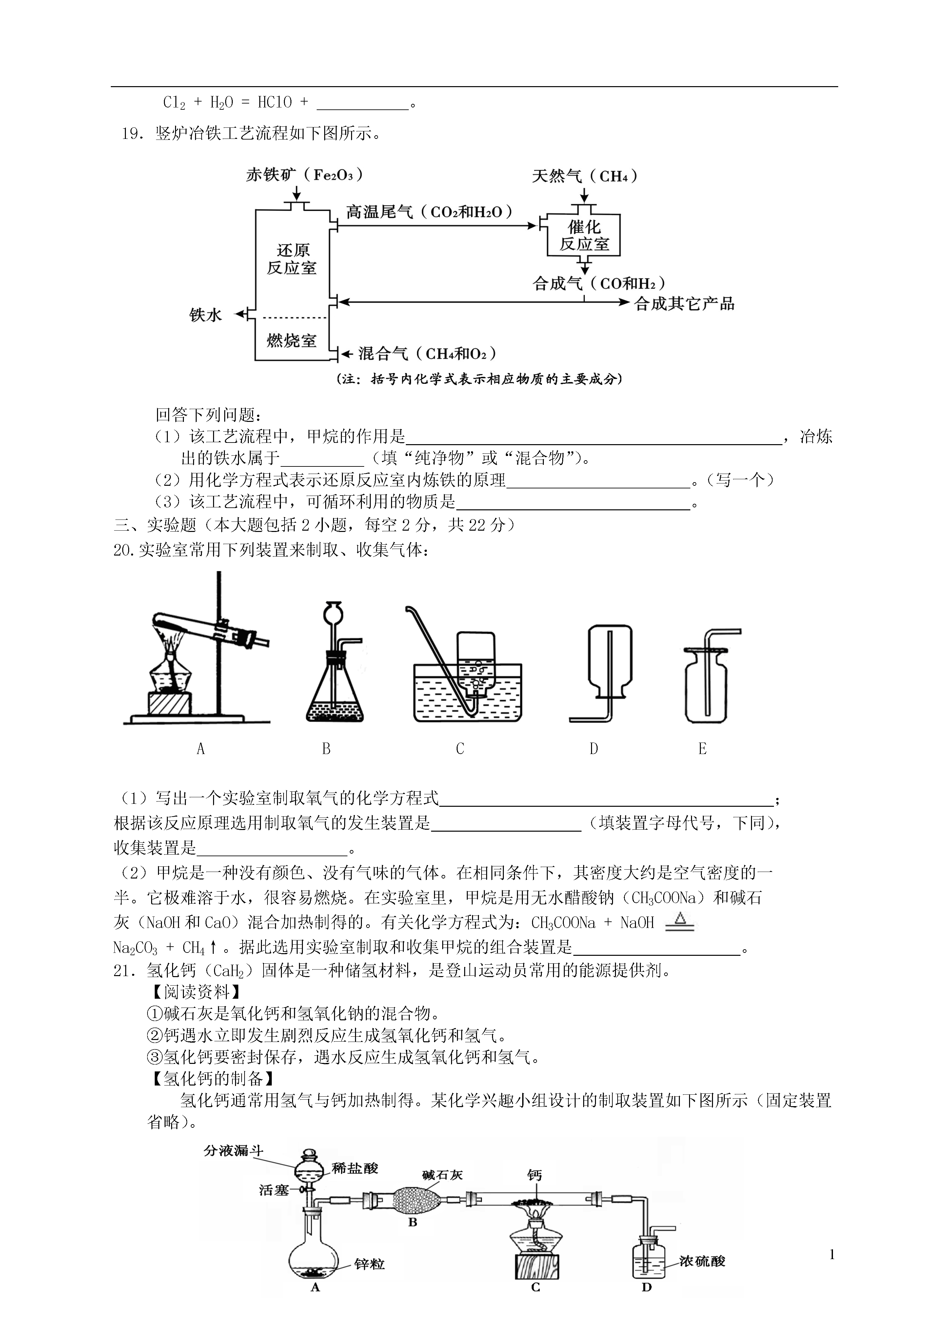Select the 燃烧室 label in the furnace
[x=292, y=341]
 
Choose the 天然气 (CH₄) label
[x=584, y=176]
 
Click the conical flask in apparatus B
[x=334, y=695]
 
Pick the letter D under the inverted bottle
[x=594, y=749]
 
